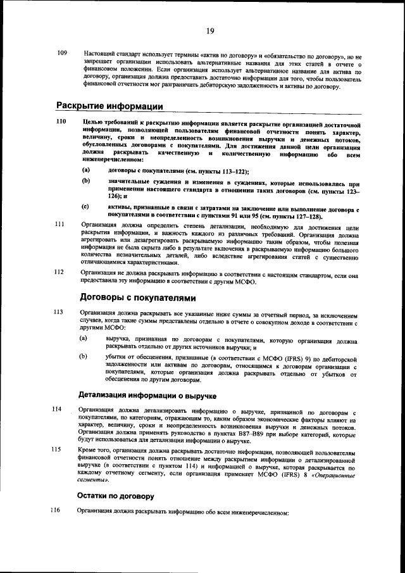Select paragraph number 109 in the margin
tap(62, 53)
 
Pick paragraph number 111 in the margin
tap(60, 225)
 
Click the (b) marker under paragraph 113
tap(82, 357)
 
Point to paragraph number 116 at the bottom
tap(56, 510)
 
